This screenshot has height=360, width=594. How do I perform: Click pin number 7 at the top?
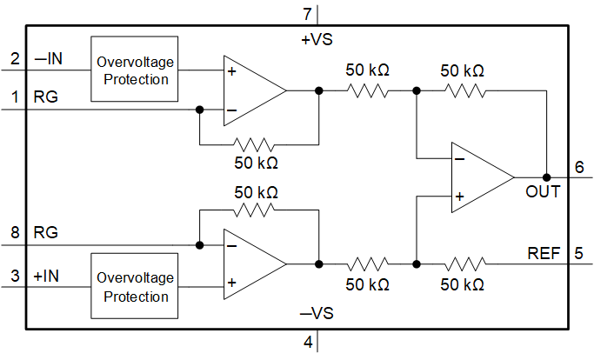305,14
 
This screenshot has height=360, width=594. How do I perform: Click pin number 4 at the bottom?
307,342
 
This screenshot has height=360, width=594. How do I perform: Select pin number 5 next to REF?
579,254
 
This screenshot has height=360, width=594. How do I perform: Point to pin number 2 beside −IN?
15,59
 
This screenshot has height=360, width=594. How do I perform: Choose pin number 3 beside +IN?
15,277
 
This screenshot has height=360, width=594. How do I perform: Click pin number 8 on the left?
15,233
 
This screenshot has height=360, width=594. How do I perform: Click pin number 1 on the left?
15,97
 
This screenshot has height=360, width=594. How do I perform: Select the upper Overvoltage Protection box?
134,70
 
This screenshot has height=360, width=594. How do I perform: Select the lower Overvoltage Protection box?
134,287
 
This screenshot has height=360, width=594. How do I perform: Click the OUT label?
543,190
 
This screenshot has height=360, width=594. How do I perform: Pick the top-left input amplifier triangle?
252,90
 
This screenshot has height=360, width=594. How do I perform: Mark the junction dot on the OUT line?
546,177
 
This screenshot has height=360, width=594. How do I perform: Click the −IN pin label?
48,59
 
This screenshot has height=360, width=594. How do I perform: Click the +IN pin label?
48,277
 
